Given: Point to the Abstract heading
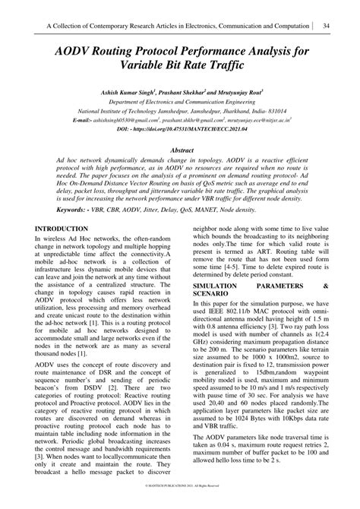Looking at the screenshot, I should pos(179,173).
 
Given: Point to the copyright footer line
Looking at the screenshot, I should pos(180,503).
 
